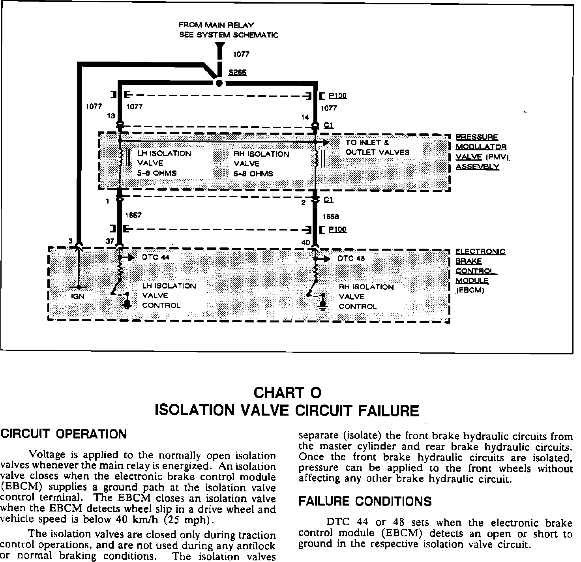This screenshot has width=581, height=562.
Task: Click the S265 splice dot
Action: coord(219,83)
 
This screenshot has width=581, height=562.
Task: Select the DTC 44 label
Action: coord(156,257)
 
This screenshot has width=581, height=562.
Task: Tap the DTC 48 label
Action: coord(351,259)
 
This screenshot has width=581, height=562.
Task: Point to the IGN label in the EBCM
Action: coord(78,296)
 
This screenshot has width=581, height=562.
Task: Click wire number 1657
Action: coord(133,215)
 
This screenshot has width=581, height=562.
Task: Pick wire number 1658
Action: coord(330,216)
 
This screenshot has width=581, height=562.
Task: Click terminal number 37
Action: coord(110,241)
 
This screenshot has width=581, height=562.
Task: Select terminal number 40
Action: coord(306,242)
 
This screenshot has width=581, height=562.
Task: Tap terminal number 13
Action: coord(111,116)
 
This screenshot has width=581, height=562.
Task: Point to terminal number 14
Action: coord(305,117)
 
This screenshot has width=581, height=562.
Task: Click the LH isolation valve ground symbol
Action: coord(127,303)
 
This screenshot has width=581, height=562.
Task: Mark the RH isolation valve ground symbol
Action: coord(323,304)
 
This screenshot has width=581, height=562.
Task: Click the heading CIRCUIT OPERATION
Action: coord(64,434)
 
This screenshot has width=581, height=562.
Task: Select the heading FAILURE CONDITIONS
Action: coord(365,501)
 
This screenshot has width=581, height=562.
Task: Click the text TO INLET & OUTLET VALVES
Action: coord(377,147)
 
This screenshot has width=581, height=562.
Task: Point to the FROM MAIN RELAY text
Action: coord(216,25)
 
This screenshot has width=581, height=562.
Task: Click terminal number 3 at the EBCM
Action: coord(70,241)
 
